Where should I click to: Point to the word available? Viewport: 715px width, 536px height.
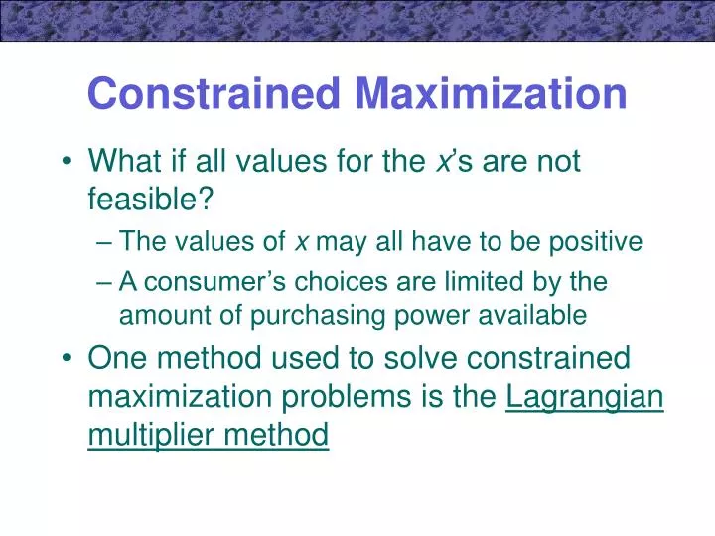click(531, 316)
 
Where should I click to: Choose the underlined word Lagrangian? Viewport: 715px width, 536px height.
click(585, 395)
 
